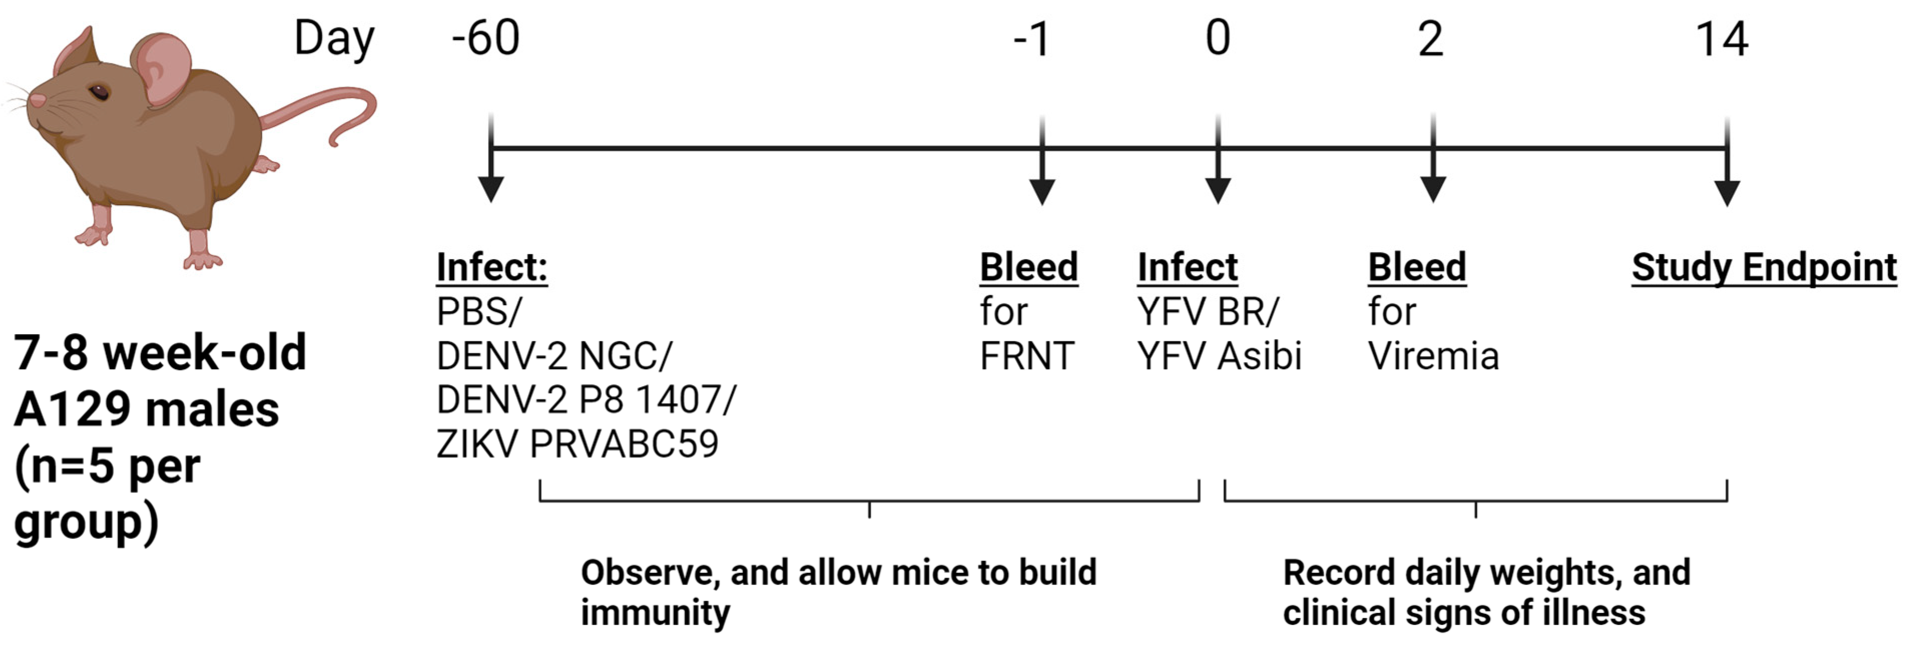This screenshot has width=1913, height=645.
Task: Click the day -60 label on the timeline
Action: tap(486, 39)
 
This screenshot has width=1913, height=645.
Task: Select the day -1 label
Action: tap(1032, 39)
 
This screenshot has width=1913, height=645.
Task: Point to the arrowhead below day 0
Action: tap(1218, 191)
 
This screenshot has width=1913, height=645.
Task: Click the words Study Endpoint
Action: tap(1764, 267)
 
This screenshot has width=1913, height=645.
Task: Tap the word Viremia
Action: tap(1433, 356)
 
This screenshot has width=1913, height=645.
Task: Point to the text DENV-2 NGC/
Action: tap(554, 356)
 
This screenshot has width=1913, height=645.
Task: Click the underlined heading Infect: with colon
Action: tap(492, 267)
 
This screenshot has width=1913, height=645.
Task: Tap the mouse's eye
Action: tap(99, 93)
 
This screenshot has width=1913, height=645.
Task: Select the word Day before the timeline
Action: tap(334, 39)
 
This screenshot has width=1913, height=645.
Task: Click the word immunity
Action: tap(655, 613)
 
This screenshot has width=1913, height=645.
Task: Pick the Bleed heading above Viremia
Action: tap(1417, 267)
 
